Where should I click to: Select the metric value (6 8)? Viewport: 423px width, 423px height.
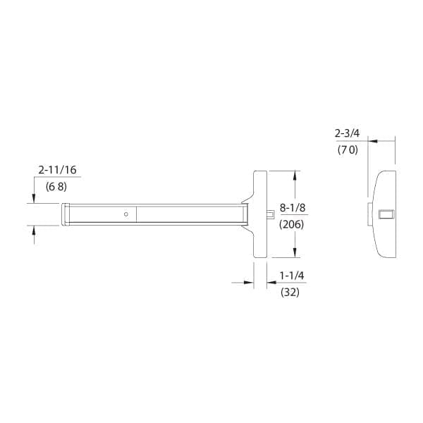(56, 188)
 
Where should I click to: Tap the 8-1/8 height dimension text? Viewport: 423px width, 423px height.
(292, 207)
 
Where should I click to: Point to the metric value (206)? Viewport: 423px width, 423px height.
(292, 225)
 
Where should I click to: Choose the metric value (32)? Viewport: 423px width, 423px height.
(290, 292)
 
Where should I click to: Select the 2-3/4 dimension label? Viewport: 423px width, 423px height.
(346, 133)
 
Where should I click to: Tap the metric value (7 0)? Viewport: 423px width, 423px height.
(346, 149)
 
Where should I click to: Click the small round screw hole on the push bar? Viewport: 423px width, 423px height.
(125, 214)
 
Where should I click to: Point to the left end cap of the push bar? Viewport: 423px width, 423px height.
(65, 214)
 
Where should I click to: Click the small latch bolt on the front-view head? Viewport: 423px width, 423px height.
(269, 214)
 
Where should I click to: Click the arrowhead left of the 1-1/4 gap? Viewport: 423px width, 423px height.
(249, 282)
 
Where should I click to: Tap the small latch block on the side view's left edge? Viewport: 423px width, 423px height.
(370, 214)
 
